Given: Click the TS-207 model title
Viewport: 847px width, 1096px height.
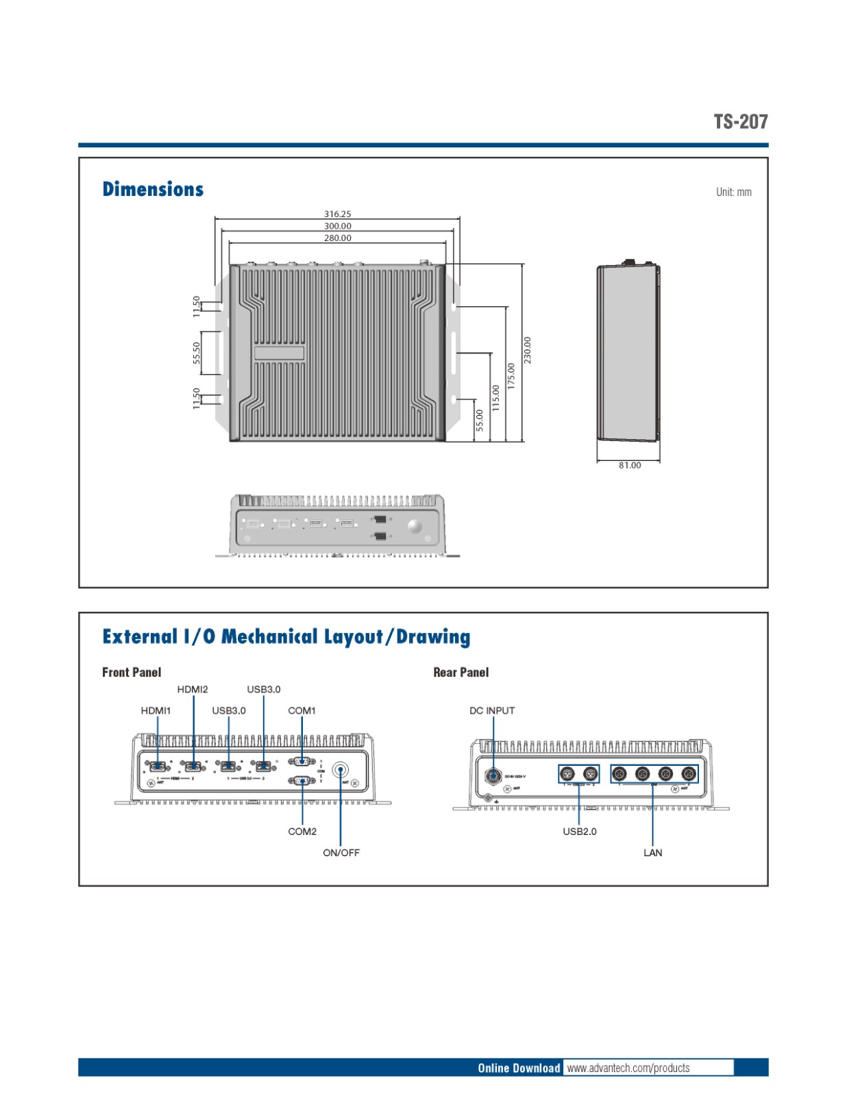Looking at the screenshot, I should click(x=740, y=122).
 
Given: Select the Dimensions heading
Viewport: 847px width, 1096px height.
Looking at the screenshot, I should click(x=153, y=190).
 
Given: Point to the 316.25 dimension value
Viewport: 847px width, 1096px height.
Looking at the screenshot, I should click(x=337, y=214).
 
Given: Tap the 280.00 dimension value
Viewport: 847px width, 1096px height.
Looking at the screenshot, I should click(x=337, y=238).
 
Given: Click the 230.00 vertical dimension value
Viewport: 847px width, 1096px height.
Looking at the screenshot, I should click(x=527, y=350).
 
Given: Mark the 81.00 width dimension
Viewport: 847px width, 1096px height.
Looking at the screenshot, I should click(x=629, y=466).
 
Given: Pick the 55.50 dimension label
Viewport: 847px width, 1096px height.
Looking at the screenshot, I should click(x=197, y=353).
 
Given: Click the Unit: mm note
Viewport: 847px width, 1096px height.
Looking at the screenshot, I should click(x=733, y=192).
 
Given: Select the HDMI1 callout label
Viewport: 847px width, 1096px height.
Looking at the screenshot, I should click(x=156, y=711).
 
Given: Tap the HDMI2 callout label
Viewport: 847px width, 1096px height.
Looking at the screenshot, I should click(x=193, y=690).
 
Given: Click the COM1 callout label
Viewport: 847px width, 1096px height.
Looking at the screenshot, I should click(x=302, y=711).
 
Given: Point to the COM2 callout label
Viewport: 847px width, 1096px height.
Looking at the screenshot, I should click(x=302, y=832).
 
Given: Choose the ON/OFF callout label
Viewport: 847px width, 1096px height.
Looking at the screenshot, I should click(x=341, y=853).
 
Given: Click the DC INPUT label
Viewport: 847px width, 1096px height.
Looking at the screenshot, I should click(x=492, y=711).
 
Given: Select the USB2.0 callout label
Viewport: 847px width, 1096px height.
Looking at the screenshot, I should click(x=580, y=832).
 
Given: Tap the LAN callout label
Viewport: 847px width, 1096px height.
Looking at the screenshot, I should click(x=652, y=853).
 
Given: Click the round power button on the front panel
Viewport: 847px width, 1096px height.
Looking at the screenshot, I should click(x=340, y=770).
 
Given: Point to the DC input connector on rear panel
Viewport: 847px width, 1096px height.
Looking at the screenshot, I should click(x=493, y=776).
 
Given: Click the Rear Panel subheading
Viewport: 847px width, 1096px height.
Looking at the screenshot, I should click(x=461, y=673).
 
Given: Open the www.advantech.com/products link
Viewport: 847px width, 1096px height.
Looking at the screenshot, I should click(x=628, y=1068).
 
